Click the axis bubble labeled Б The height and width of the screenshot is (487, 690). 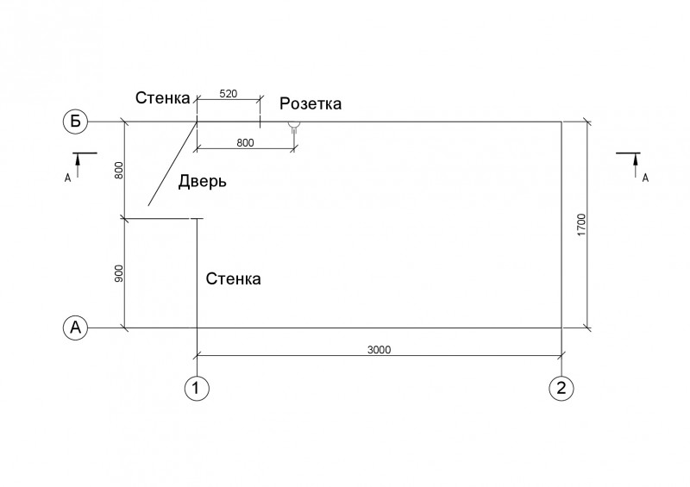click(76, 121)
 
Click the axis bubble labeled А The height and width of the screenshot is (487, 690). click(76, 328)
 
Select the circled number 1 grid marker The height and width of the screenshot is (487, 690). click(197, 389)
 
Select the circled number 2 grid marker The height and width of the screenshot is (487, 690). click(561, 389)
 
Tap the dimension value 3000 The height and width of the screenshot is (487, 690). click(379, 350)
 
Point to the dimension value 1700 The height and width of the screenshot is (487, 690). click(581, 225)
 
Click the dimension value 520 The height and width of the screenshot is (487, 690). click(228, 94)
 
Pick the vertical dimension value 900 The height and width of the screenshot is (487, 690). click(119, 273)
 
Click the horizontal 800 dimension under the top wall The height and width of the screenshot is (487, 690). click(245, 142)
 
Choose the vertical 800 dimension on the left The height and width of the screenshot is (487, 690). click(119, 171)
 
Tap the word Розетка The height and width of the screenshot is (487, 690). click(310, 103)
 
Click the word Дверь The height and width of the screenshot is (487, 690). click(203, 181)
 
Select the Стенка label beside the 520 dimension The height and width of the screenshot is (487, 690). click(162, 97)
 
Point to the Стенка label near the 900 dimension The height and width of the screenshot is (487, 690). click(233, 279)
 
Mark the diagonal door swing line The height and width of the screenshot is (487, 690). click(172, 164)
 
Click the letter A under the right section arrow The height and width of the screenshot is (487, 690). click(645, 178)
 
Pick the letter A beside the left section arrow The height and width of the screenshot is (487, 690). click(67, 178)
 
